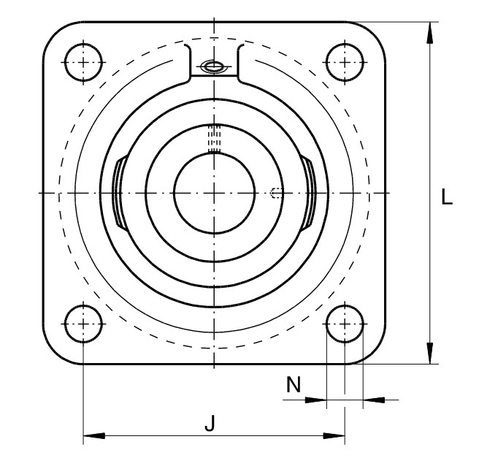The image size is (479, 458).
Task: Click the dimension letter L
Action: pos(447,196)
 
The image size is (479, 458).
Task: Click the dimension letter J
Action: pos(210,422)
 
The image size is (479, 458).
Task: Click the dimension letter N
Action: pos(294,384)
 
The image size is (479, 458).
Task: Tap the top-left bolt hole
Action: pos(83,62)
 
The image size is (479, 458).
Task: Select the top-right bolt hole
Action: pos(345,62)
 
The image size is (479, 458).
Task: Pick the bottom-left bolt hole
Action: pos(83,324)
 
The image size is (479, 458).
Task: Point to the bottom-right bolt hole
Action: pos(345,324)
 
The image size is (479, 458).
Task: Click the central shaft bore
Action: pos(214,193)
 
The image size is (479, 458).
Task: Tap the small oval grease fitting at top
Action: pos(213,66)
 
